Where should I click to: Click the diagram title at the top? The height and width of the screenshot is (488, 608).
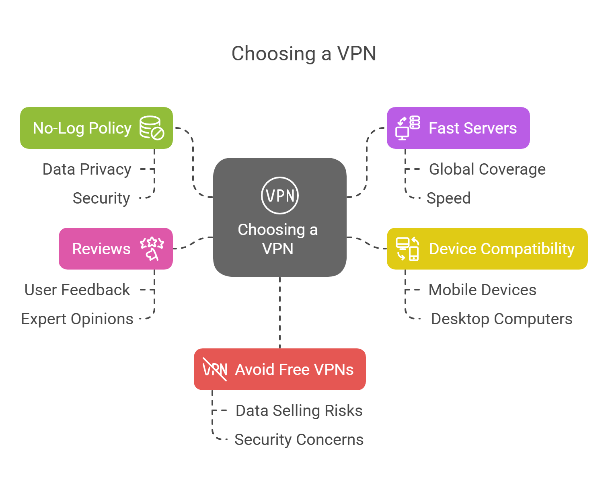point(304,54)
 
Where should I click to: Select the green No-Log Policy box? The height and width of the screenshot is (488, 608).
point(82,128)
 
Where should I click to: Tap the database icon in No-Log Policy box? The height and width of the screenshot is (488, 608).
point(152,128)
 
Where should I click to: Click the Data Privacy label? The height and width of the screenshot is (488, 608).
point(87,169)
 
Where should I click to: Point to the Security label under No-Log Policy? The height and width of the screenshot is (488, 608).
point(101,198)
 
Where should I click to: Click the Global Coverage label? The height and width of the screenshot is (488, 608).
point(487,169)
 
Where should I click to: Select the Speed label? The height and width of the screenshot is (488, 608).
point(448,198)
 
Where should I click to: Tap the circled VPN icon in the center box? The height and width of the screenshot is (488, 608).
point(280,196)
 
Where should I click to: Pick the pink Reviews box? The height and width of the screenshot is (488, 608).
point(101,249)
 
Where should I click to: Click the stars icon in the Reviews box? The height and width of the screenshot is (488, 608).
point(152,248)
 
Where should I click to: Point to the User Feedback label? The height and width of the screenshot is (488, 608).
point(77,290)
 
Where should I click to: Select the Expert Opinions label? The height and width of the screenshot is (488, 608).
point(77,319)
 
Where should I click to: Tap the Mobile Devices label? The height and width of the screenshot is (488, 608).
point(482,290)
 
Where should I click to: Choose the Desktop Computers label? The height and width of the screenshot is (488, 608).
point(501,319)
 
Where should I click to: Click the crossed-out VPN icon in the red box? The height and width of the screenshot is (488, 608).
point(215,369)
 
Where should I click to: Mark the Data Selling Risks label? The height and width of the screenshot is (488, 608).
point(299,411)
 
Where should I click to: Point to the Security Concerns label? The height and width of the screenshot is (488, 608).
point(299,440)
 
